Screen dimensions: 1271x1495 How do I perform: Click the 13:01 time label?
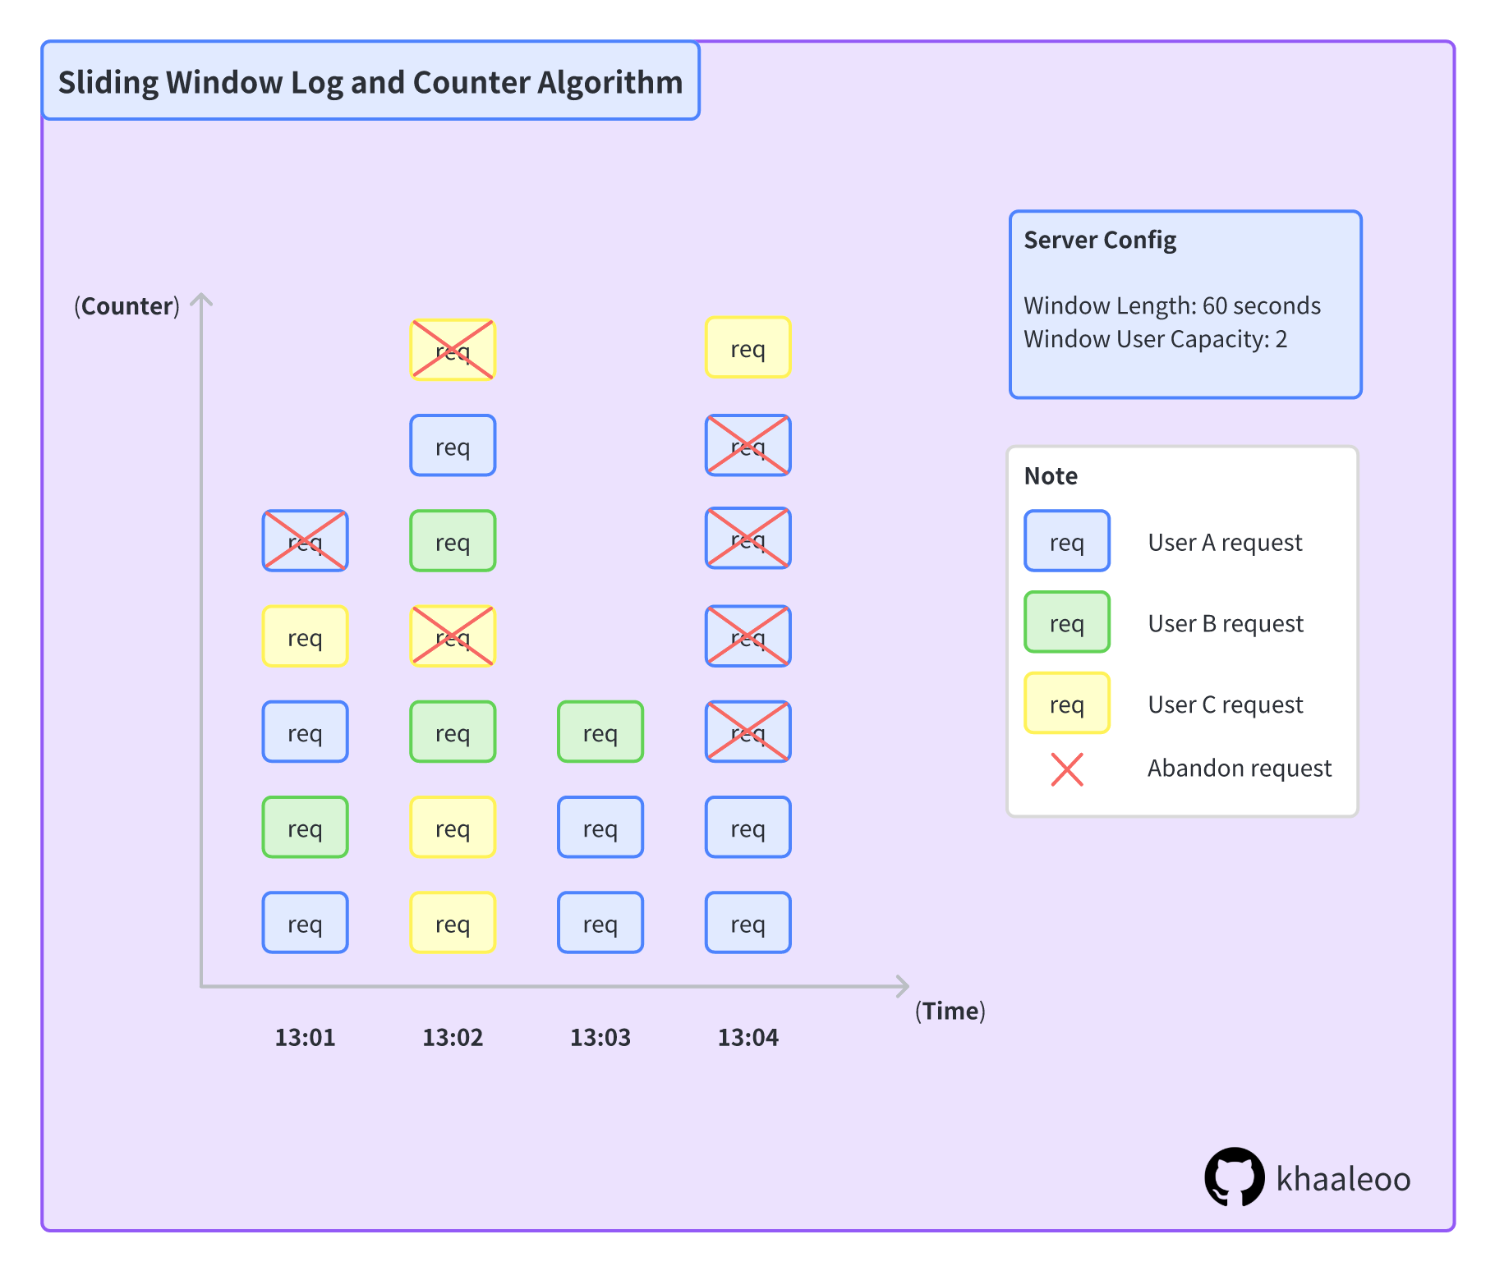(305, 1037)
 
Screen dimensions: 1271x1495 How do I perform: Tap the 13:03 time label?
(600, 1037)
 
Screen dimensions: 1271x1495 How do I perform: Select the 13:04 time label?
(747, 1037)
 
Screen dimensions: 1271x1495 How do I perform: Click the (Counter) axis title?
(126, 306)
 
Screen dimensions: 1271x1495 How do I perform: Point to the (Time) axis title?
(950, 1011)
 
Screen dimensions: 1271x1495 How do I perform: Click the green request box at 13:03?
(600, 732)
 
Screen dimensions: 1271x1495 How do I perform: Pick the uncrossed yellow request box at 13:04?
(747, 348)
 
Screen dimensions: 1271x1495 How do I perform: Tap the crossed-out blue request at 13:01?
(305, 541)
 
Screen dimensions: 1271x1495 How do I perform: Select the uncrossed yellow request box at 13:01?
(305, 636)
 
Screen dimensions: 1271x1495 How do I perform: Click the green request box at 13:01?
(305, 828)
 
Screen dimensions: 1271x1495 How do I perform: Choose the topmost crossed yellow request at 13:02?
(453, 350)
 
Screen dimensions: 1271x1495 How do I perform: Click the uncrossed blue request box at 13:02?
(453, 446)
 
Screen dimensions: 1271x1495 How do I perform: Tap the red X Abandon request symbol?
(1067, 769)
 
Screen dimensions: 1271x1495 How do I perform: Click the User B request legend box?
(1067, 622)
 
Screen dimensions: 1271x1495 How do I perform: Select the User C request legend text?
(1225, 704)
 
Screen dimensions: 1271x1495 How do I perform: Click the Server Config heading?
(1100, 240)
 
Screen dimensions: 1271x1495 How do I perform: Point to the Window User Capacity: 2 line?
(1155, 339)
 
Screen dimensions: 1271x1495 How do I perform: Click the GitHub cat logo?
(1235, 1177)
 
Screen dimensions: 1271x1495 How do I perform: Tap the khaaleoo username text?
(1343, 1179)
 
